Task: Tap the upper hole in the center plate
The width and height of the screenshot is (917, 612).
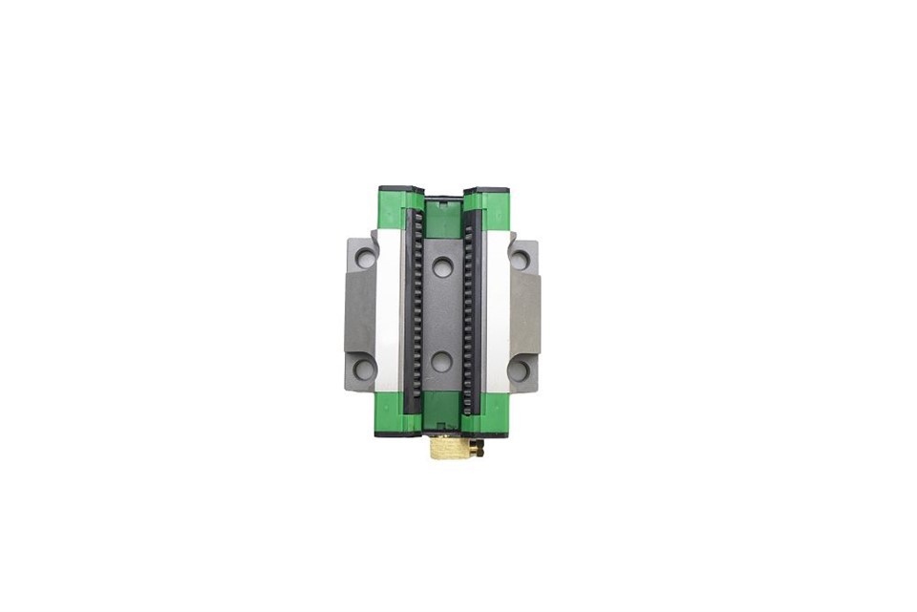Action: click(442, 267)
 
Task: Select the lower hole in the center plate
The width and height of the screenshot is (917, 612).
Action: click(441, 361)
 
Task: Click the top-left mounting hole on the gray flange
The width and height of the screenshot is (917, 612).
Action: click(365, 258)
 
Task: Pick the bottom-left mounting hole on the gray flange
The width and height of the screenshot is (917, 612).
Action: click(364, 369)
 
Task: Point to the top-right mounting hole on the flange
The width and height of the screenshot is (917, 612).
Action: click(520, 259)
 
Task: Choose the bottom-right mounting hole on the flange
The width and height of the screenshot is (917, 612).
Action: click(519, 369)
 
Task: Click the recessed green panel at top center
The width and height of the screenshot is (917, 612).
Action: click(442, 219)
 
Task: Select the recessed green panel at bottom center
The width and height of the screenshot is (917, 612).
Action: click(441, 409)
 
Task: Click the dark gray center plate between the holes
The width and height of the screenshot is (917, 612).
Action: click(441, 314)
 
